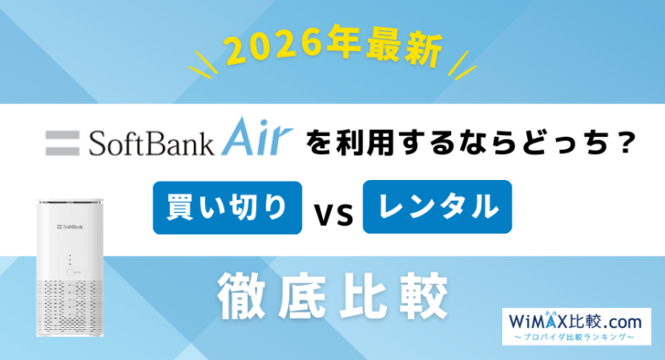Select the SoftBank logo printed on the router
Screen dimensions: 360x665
click(70, 228)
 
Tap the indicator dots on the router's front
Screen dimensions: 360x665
click(70, 259)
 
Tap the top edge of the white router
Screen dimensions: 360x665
click(70, 200)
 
